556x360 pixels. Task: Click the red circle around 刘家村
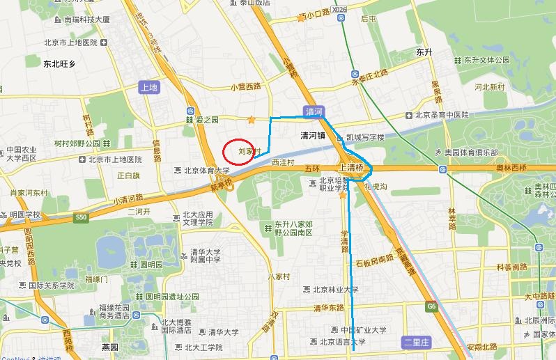coord(238,151)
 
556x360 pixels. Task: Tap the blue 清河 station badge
coord(314,111)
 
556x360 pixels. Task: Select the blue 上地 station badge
coord(149,88)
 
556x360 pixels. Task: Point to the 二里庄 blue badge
coord(418,342)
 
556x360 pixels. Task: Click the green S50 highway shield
coord(82,217)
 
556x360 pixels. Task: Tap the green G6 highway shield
coord(432,306)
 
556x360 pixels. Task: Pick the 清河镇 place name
coord(313,135)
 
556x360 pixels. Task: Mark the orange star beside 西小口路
coord(301,18)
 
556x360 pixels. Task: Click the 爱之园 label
coord(207,120)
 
